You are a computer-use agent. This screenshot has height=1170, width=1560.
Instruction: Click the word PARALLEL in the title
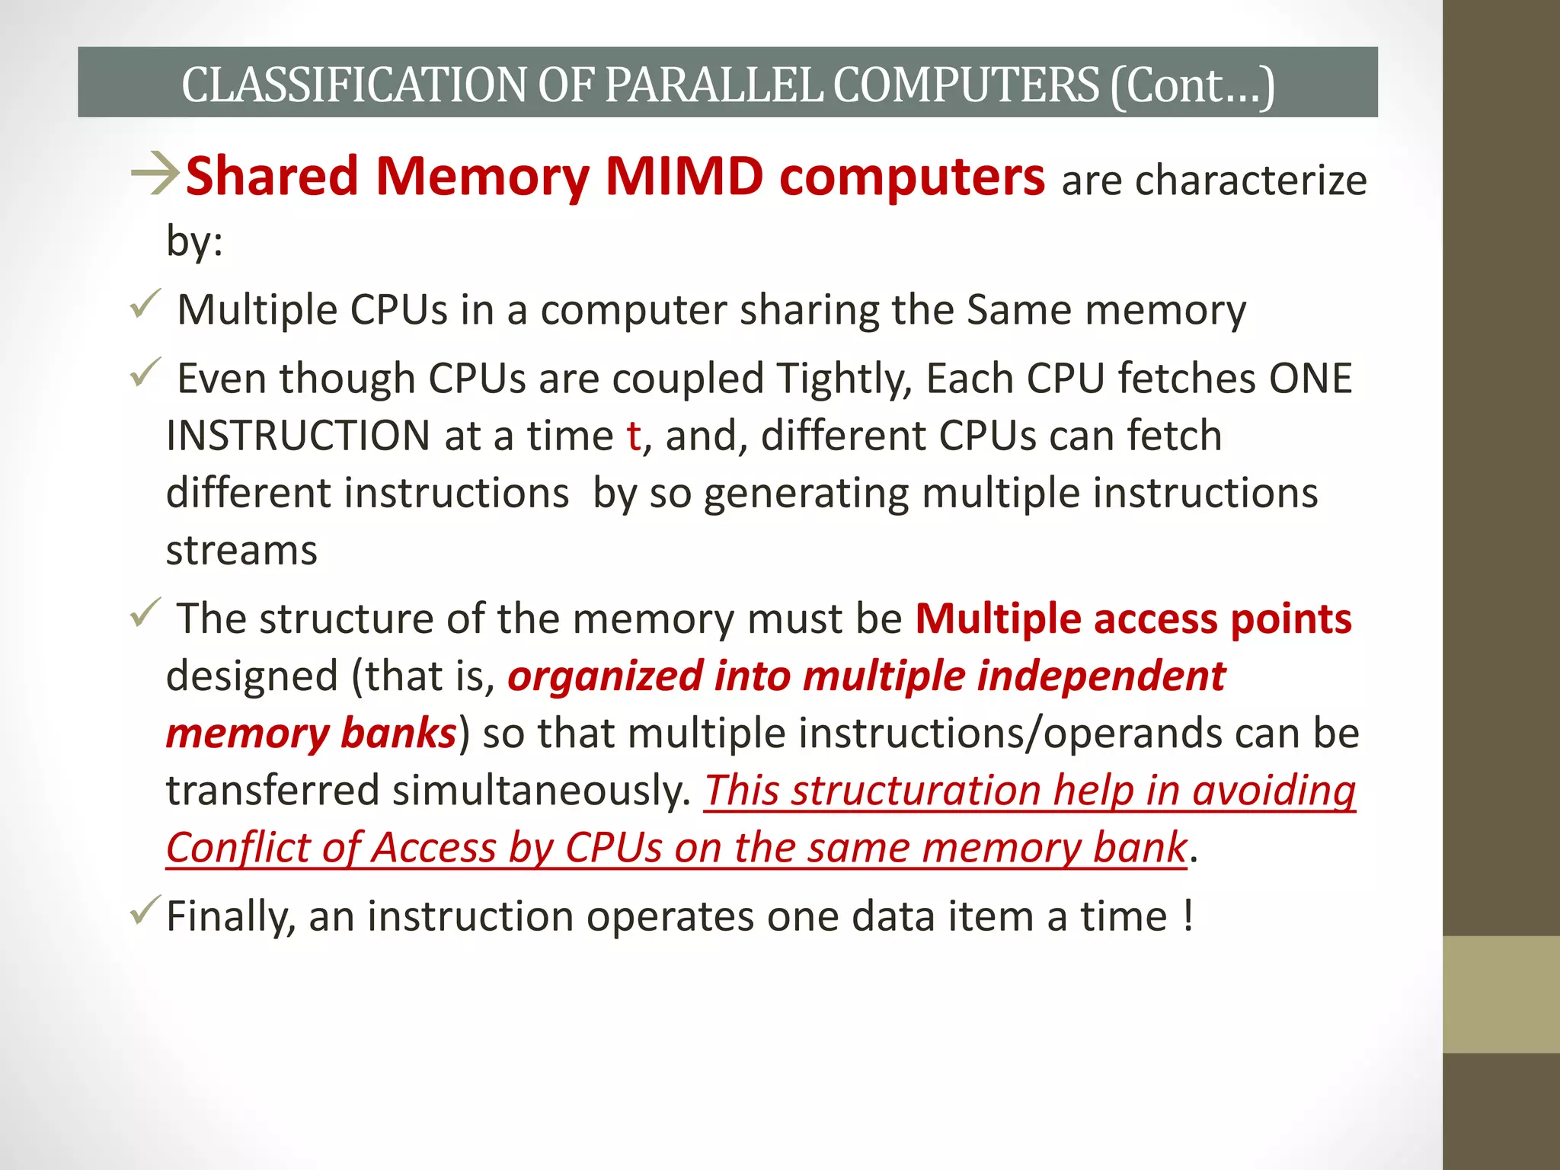[714, 85]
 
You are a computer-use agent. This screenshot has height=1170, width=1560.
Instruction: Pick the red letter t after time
[633, 436]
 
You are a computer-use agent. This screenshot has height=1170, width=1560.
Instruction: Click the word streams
[241, 550]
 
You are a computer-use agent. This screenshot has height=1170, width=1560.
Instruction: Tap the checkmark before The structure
[144, 612]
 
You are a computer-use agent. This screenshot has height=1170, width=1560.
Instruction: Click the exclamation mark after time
[1188, 915]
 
